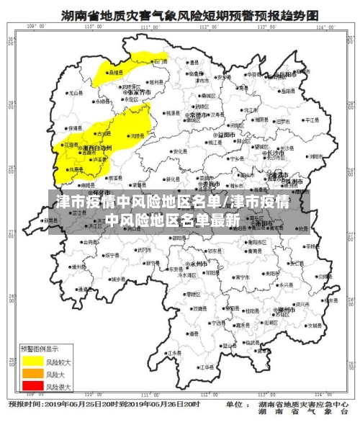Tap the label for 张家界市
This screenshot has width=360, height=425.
[x=139, y=93]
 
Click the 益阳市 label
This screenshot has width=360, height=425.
[x=224, y=134]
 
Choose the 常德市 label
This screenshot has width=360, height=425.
[x=200, y=115]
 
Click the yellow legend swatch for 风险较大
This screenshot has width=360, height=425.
[x=32, y=359]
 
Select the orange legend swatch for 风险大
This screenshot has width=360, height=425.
[x=32, y=374]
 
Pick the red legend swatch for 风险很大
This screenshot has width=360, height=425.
[x=32, y=387]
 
